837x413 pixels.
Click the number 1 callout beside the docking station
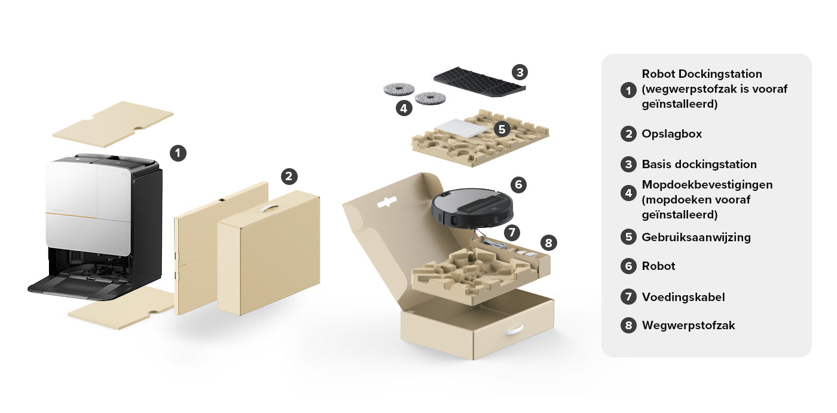(x=178, y=153)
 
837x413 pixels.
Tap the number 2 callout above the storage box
(x=289, y=177)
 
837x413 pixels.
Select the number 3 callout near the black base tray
(x=520, y=72)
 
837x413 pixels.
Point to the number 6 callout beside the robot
(x=518, y=184)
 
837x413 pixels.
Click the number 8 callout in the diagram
(x=549, y=243)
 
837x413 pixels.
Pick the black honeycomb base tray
(x=479, y=82)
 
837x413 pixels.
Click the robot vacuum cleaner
(x=472, y=208)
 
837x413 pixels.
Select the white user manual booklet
(x=462, y=128)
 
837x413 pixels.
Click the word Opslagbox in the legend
(x=671, y=134)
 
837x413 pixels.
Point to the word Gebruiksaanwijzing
(x=696, y=238)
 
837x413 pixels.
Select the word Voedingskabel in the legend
(x=683, y=297)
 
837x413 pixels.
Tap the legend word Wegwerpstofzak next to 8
(x=688, y=326)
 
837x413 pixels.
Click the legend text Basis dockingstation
(x=699, y=164)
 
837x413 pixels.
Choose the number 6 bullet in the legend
(x=628, y=266)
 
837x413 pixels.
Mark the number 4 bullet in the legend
(x=628, y=193)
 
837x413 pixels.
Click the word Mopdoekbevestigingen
(x=707, y=185)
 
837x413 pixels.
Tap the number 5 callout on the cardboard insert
(x=502, y=129)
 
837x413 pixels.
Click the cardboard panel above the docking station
(x=113, y=124)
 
